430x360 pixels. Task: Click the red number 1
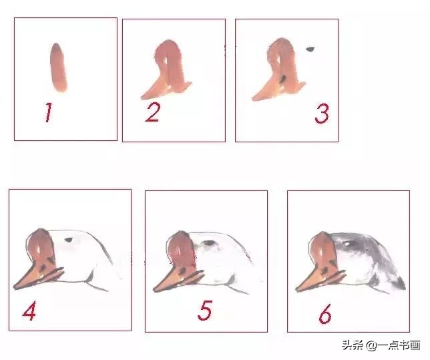[x=48, y=112]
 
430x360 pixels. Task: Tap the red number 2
[x=152, y=112]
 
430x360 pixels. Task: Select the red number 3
[x=322, y=114]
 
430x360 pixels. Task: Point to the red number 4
[x=29, y=311]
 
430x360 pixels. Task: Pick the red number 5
[x=205, y=311]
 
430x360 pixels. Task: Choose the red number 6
[x=325, y=313]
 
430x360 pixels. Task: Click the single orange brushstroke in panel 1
[x=58, y=67]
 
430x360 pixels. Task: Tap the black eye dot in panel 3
[x=310, y=49]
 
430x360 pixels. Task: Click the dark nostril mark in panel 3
[x=282, y=78]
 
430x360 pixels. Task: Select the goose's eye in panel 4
[x=69, y=240]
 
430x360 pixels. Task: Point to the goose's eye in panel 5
[x=210, y=243]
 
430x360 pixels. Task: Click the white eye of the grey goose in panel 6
[x=347, y=244]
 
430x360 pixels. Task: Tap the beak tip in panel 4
[x=14, y=287]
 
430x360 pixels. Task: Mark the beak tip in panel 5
[x=154, y=290]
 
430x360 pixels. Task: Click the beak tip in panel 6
[x=296, y=289]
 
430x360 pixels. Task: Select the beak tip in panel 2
[x=142, y=98]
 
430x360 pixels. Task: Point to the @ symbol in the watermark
[x=372, y=345]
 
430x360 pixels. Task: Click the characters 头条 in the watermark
[x=353, y=345]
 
